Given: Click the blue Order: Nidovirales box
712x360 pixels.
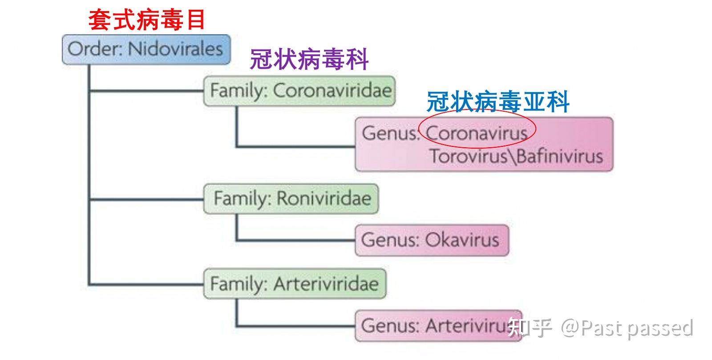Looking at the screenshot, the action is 146,49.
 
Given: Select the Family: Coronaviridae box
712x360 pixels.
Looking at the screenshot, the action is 299,91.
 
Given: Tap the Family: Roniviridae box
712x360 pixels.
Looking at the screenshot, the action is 291,198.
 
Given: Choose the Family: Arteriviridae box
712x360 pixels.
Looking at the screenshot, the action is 295,284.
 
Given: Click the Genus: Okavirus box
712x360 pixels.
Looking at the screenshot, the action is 432,240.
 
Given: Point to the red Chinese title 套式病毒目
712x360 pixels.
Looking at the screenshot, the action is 146,20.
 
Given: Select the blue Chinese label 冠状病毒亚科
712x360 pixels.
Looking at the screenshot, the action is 498,101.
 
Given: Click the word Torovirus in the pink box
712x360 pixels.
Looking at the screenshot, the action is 469,156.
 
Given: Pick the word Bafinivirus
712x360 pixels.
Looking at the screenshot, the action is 560,156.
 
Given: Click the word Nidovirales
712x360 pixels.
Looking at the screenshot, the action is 175,49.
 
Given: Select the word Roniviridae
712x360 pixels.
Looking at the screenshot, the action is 324,198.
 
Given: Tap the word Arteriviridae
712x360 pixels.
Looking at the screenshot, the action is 326,283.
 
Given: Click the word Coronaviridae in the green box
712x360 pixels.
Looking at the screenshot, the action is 332,90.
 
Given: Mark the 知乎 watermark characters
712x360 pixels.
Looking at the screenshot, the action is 530,328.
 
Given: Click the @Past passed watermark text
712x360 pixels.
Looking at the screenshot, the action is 627,328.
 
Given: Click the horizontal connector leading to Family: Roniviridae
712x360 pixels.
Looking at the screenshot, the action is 147,199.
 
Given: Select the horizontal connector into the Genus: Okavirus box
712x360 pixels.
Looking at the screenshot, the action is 295,240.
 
